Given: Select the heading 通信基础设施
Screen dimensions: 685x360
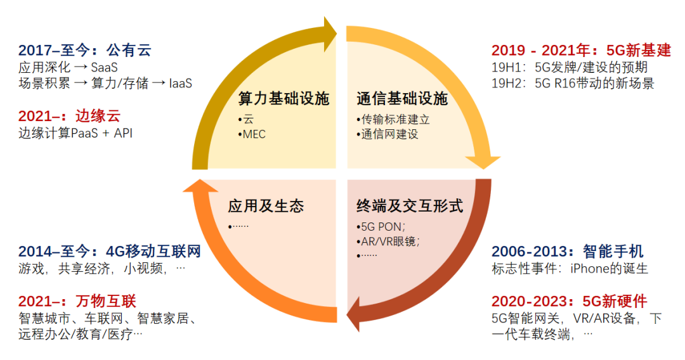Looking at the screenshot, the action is click(x=401, y=99).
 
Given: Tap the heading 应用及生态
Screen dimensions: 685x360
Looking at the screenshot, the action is click(x=266, y=206).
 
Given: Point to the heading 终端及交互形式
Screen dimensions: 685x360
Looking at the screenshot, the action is click(x=409, y=206).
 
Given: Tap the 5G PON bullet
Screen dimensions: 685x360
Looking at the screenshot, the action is click(x=381, y=227).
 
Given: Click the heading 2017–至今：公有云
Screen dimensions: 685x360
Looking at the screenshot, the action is click(x=85, y=50).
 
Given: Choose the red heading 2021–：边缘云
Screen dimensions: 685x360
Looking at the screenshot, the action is click(x=69, y=116).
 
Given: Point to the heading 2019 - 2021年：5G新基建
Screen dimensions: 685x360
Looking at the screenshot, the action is click(x=580, y=50).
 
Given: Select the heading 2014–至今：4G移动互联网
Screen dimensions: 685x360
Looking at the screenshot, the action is click(x=109, y=252).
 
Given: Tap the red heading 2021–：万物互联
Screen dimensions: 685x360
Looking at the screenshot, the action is click(x=77, y=301).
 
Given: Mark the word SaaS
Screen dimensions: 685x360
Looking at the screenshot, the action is click(x=104, y=67).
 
